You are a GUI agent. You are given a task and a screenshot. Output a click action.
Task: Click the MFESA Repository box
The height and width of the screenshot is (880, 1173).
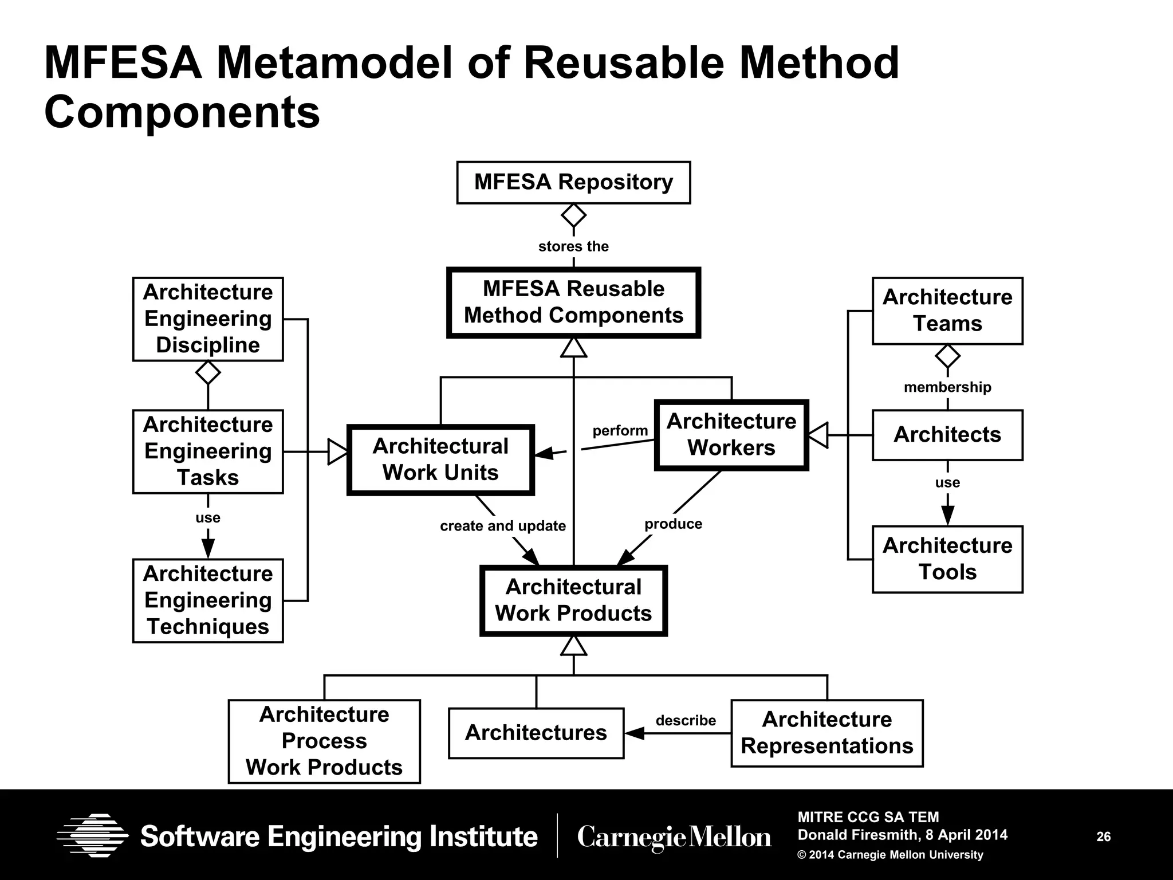(x=573, y=182)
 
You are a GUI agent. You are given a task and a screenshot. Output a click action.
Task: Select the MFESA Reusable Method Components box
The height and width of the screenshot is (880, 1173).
(x=573, y=302)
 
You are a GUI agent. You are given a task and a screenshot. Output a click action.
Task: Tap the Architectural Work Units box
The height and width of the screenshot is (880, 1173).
(x=440, y=459)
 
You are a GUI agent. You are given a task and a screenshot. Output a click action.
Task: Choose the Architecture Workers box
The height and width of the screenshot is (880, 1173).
(x=731, y=435)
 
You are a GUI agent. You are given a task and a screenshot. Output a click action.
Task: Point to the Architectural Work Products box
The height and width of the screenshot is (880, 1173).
(x=573, y=600)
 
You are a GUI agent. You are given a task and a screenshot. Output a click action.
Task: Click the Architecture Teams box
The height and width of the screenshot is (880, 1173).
(x=947, y=311)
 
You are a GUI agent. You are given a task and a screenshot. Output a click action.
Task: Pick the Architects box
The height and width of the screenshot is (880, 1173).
(x=947, y=435)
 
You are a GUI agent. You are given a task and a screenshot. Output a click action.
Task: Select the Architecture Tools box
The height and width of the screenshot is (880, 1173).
(x=947, y=559)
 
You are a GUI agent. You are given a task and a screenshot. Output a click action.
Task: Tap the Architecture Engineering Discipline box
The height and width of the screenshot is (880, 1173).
(x=208, y=319)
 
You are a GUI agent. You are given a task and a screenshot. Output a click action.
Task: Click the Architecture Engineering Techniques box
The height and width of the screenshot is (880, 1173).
(x=208, y=600)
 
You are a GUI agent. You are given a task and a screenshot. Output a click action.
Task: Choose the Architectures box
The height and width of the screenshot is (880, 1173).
(x=536, y=733)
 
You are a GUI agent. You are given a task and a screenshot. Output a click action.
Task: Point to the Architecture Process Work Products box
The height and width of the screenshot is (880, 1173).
(x=324, y=741)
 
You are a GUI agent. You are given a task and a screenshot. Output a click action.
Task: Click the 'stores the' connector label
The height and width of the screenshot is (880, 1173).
(x=573, y=246)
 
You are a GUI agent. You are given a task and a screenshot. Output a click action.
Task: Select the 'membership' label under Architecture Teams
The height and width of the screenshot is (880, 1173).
(x=947, y=387)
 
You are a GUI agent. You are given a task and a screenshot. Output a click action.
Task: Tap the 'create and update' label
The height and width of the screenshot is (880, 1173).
(x=503, y=526)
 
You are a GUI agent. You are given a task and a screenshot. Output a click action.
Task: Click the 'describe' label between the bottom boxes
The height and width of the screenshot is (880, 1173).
(x=686, y=720)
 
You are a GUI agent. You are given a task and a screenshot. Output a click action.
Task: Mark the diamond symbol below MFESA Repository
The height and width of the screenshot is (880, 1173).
(x=573, y=216)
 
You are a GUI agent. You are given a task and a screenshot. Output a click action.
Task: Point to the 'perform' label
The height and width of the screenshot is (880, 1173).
(x=620, y=431)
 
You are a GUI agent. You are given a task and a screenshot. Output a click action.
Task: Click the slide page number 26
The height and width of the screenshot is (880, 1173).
(x=1103, y=836)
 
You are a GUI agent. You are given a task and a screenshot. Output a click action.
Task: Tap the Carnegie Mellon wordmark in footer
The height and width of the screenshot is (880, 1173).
(x=674, y=837)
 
